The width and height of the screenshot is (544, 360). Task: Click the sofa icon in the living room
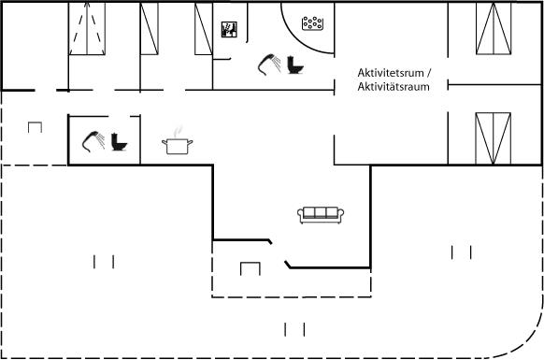click(321, 215)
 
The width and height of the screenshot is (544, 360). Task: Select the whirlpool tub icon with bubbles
click(312, 23)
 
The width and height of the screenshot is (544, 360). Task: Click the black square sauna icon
click(229, 30)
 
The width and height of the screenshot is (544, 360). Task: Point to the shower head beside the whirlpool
click(269, 65)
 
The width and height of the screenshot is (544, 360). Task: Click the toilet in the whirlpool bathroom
click(295, 65)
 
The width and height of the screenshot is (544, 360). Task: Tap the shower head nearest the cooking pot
click(93, 141)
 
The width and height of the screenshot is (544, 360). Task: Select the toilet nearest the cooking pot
click(119, 142)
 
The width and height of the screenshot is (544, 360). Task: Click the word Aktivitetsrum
click(391, 73)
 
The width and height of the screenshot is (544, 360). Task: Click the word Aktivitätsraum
click(394, 86)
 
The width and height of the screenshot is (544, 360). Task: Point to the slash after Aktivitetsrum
click(429, 73)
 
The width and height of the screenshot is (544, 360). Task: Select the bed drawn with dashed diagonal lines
click(87, 28)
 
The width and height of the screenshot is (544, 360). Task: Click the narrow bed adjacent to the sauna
click(204, 28)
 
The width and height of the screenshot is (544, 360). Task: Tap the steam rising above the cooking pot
click(178, 132)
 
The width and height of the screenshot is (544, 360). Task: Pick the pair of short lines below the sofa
click(294, 329)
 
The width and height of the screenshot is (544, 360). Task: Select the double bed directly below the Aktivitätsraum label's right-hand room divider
click(493, 138)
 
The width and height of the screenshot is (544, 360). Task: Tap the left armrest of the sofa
click(300, 214)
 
